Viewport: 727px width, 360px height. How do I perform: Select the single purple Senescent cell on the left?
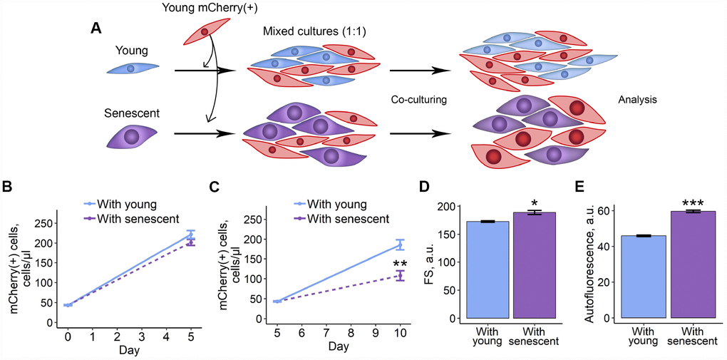click(132, 136)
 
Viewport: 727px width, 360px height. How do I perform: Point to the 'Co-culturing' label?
click(419, 100)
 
